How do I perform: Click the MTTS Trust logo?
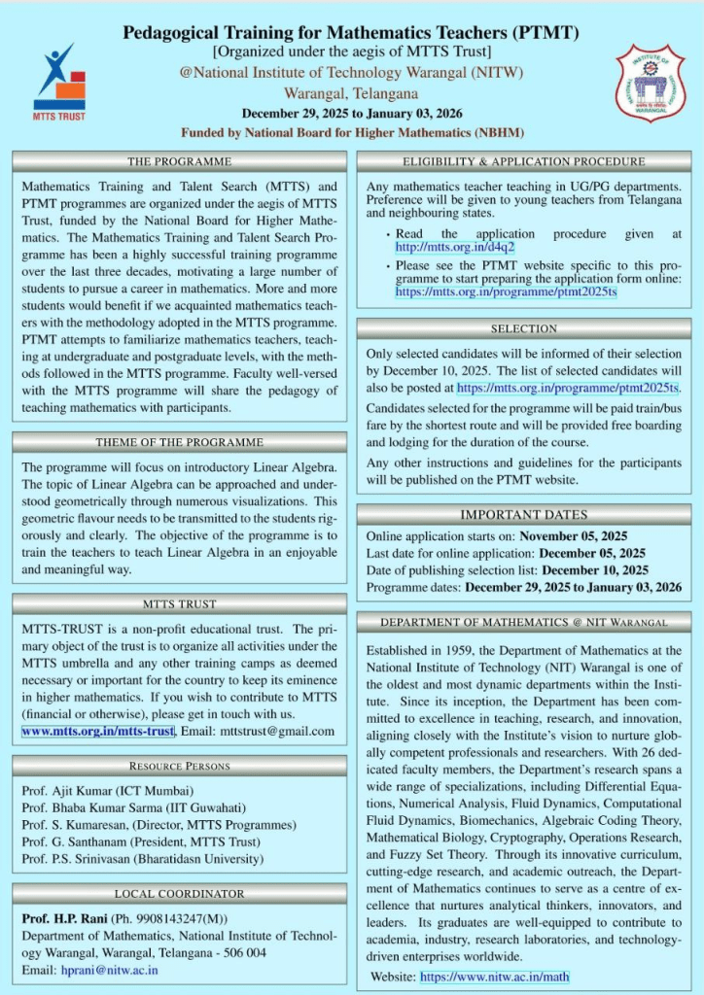point(59,82)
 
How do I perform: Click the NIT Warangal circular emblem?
point(650,84)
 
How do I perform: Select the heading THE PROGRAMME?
point(179,161)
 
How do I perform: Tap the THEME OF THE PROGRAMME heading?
point(179,443)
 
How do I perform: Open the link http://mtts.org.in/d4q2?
point(440,248)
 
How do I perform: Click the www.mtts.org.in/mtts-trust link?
point(98,731)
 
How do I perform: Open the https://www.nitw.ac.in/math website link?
point(495,977)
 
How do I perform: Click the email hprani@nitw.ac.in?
point(110,970)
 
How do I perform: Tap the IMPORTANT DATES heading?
point(523,514)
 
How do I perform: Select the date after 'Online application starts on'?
point(574,535)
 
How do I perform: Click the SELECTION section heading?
point(523,328)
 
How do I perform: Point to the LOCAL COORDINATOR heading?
point(179,893)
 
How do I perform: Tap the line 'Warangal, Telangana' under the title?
point(351,94)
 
